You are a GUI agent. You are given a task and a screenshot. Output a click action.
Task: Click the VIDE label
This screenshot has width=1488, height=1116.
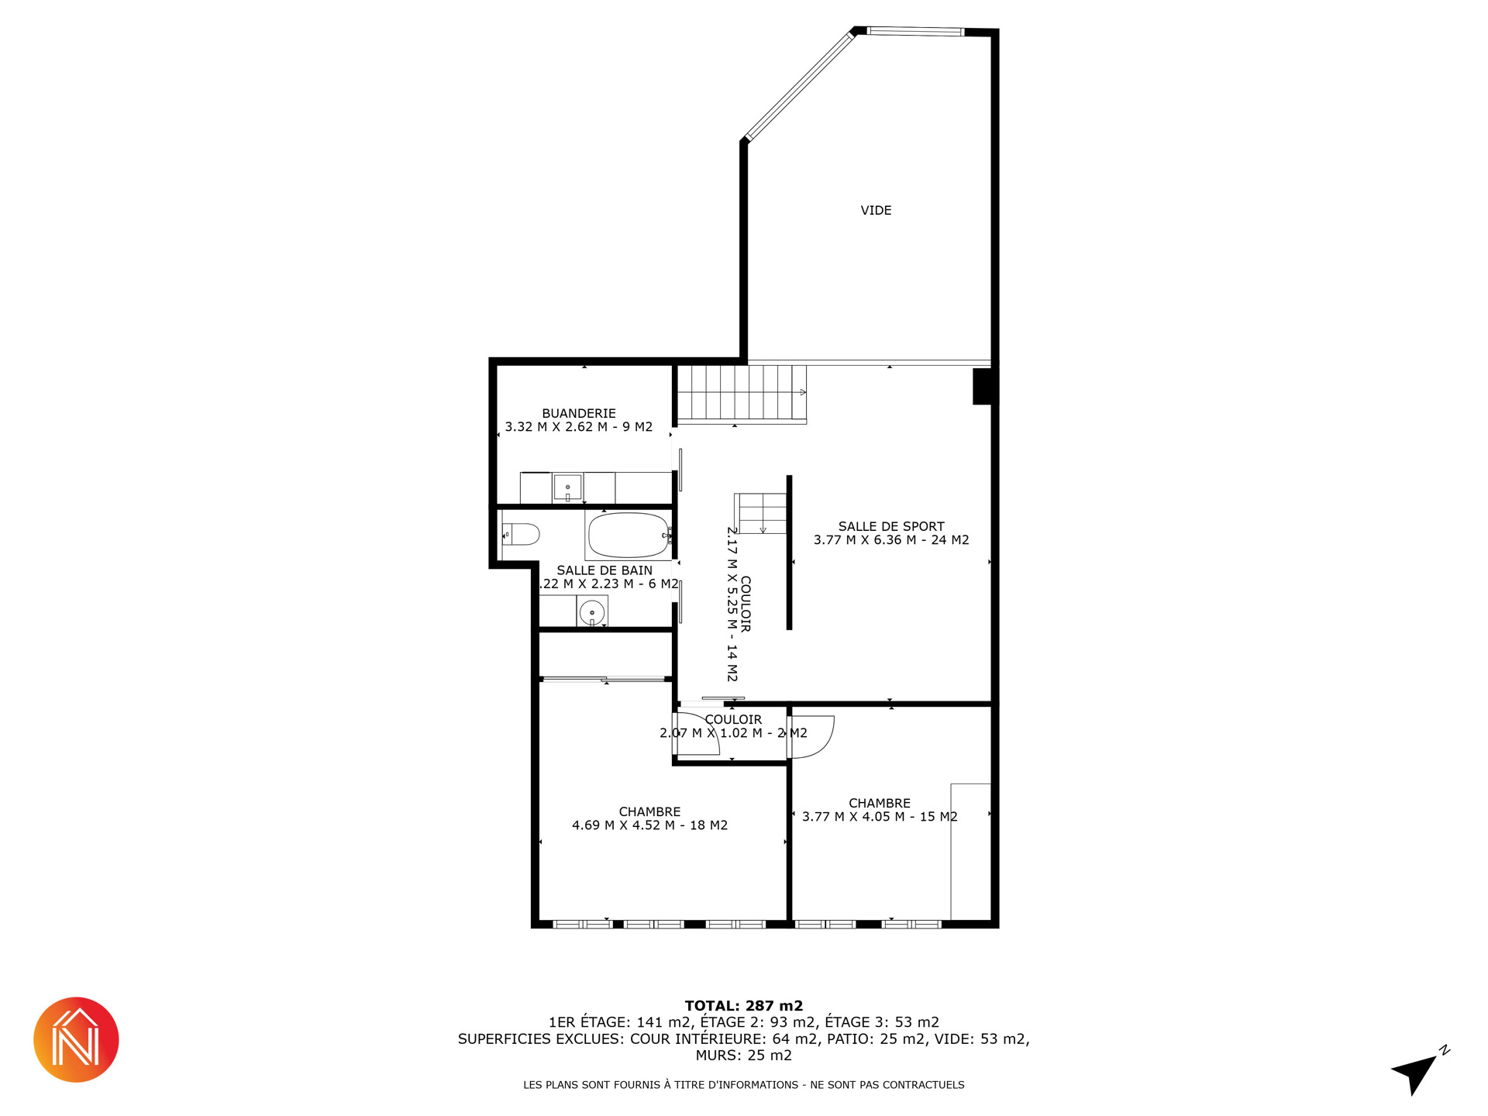tap(876, 210)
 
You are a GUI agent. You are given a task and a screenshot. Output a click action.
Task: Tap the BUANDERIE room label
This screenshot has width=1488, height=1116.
tap(579, 413)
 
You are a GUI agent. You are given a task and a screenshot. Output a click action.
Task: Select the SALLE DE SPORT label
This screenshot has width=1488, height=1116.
tap(891, 526)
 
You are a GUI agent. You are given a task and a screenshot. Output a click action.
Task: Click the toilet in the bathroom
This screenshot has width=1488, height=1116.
tap(521, 534)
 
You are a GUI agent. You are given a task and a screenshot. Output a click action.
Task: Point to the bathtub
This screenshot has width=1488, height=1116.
tap(629, 536)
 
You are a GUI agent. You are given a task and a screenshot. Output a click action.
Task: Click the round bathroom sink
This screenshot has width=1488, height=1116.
tap(592, 611)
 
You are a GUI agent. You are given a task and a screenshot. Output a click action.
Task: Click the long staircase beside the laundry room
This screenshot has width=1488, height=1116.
tap(742, 394)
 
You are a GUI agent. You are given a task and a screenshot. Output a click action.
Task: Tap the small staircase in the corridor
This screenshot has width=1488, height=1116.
tap(761, 513)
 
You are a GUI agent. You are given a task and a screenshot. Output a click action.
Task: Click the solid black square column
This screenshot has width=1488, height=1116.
tap(983, 386)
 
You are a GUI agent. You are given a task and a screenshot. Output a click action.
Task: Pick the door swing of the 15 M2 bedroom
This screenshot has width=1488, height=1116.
tap(811, 736)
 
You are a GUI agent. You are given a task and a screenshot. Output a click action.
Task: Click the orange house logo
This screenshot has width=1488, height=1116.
tap(76, 1039)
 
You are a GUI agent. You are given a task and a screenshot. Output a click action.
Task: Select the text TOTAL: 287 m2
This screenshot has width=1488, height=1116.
tap(744, 1006)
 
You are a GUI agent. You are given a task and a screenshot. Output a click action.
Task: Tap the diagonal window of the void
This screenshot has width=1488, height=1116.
tap(799, 85)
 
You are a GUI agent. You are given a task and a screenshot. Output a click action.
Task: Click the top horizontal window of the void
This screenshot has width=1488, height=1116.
tap(915, 32)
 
